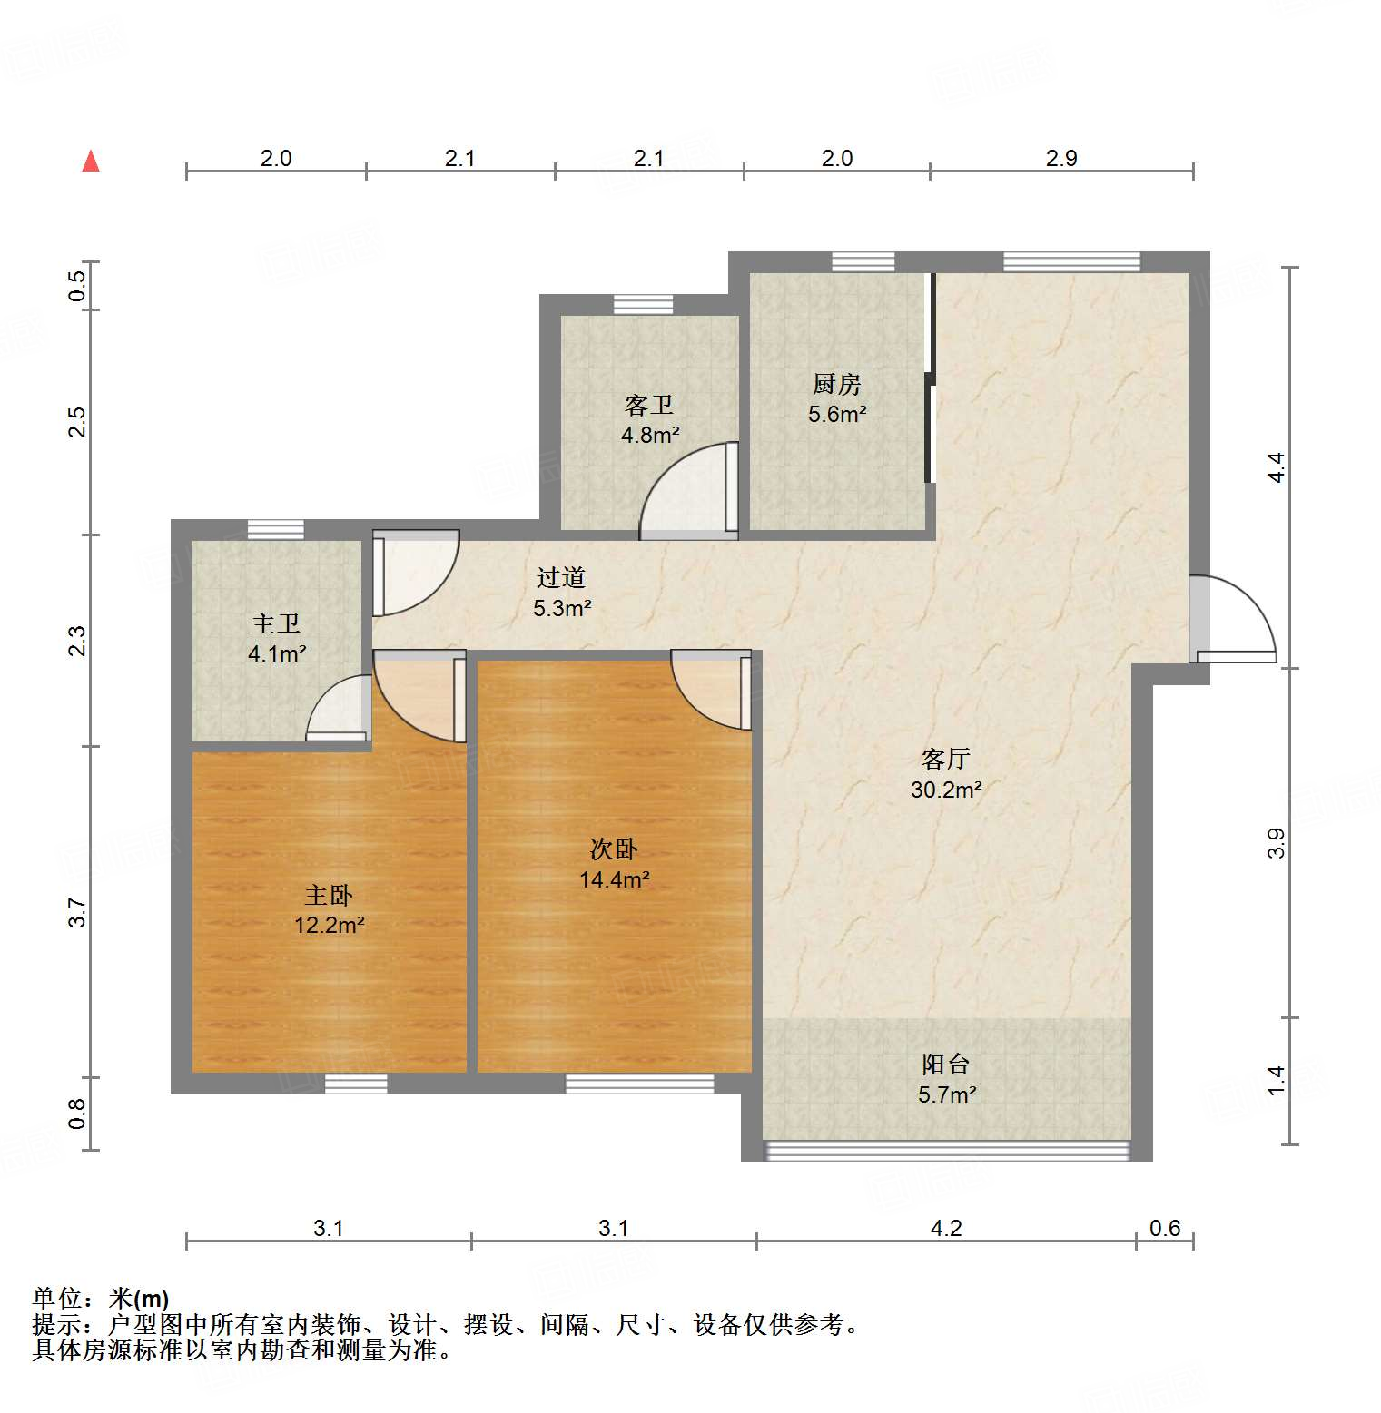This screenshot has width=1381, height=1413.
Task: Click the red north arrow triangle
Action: coord(91,162)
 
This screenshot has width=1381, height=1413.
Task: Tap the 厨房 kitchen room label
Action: coord(836,385)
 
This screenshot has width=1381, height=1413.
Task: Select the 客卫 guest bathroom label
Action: coord(649,406)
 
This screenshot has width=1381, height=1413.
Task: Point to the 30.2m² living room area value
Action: coord(946,790)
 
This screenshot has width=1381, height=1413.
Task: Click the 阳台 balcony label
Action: coord(946,1064)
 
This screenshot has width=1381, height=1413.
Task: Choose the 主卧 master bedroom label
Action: coord(328,896)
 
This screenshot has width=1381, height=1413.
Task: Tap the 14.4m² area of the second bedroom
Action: coord(614,879)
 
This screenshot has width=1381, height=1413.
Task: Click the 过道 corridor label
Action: coord(560,578)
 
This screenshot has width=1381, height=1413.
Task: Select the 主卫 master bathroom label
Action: coord(276,624)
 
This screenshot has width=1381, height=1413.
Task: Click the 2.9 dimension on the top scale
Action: coord(1060,159)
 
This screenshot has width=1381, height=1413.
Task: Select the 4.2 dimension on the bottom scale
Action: coord(946,1228)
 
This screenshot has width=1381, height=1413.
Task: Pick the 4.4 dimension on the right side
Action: coord(1276,467)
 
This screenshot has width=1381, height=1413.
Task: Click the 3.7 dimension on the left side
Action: coord(78,912)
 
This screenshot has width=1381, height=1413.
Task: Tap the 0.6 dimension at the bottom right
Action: coord(1165,1228)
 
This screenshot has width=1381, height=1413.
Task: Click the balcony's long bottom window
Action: coord(947,1151)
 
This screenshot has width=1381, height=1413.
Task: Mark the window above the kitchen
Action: coord(863,262)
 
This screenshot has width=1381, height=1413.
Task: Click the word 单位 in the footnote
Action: coord(57,1299)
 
